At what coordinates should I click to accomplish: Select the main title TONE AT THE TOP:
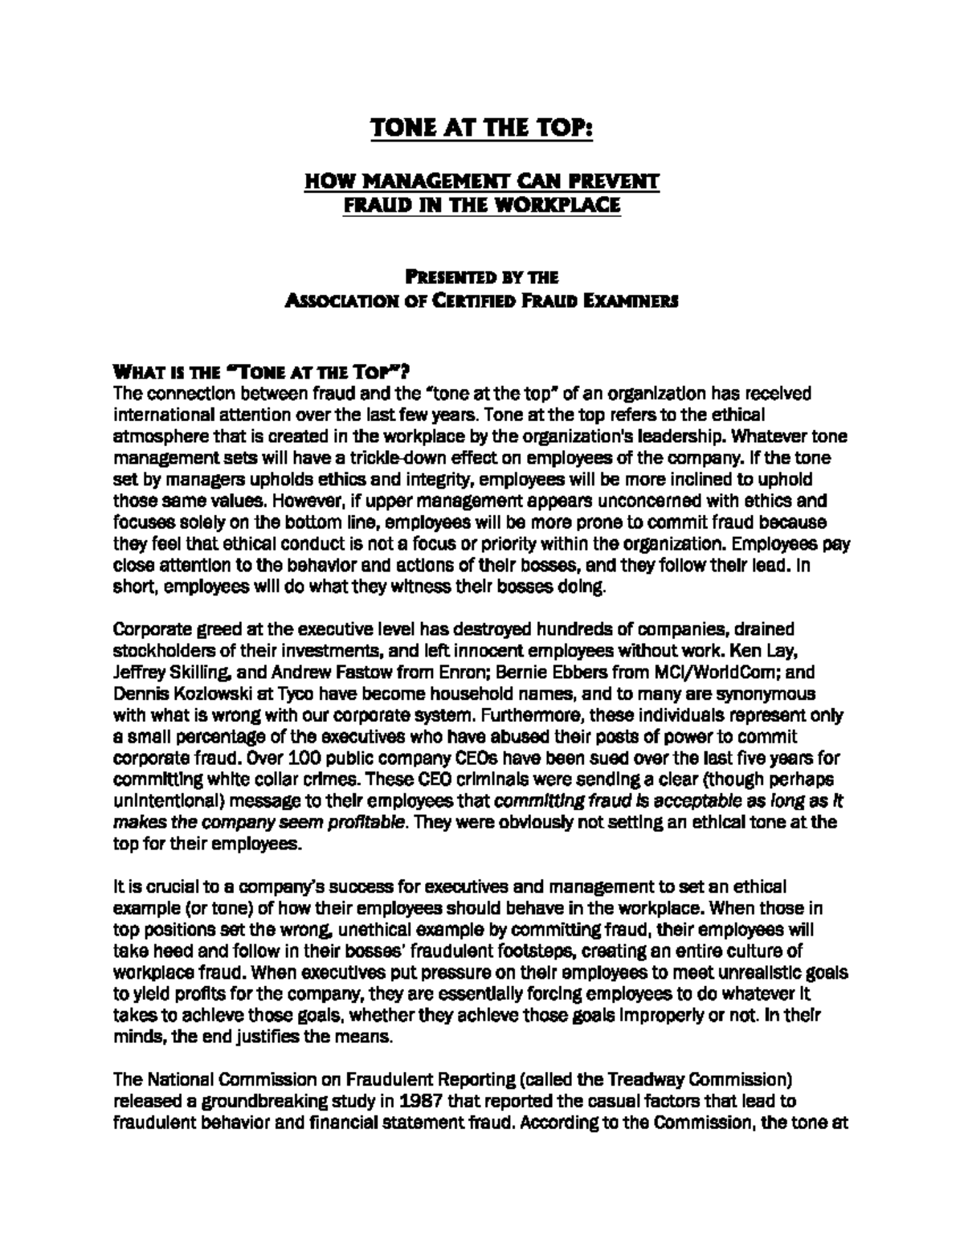coord(481,129)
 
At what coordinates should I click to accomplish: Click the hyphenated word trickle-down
coord(390,458)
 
